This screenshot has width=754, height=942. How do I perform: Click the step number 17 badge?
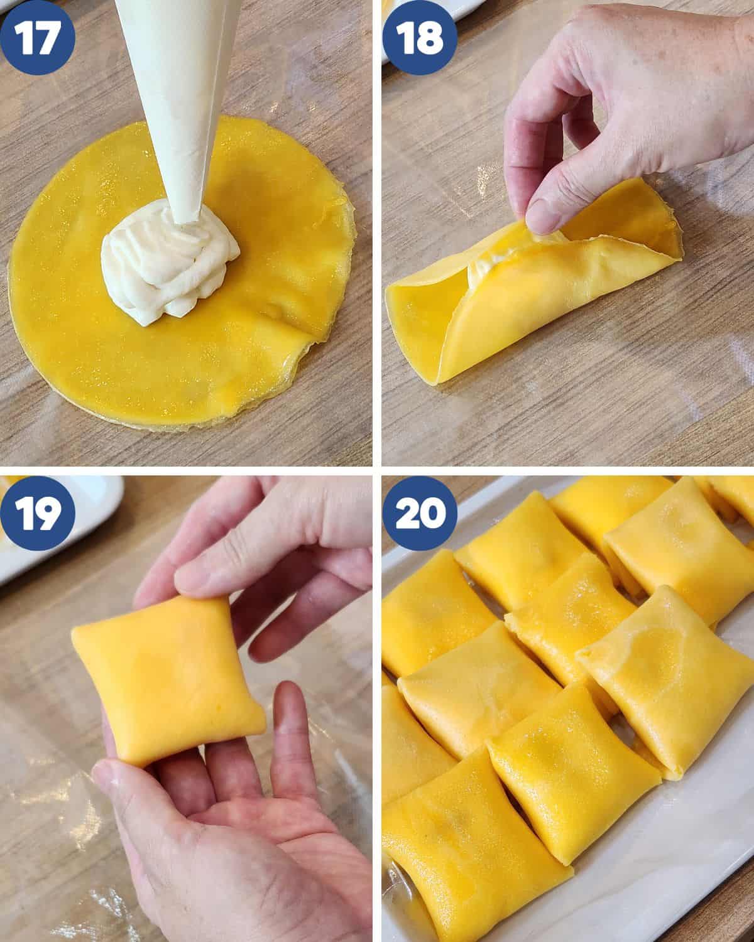click(37, 37)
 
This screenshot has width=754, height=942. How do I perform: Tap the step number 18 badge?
click(420, 37)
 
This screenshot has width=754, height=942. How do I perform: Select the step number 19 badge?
click(37, 513)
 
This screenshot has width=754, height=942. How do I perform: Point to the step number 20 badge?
click(420, 513)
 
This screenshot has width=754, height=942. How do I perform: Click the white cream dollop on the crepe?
click(168, 263)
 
